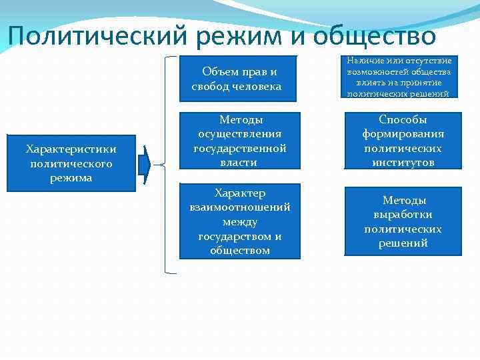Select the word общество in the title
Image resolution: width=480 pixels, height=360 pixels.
click(373, 35)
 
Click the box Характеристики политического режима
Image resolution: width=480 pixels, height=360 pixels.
click(70, 164)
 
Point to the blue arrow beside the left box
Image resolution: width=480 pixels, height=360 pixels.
click(145, 164)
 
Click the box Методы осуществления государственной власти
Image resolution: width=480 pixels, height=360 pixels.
click(240, 141)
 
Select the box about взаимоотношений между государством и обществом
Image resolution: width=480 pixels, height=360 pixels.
click(240, 221)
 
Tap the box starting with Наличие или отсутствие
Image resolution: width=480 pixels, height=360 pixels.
click(399, 77)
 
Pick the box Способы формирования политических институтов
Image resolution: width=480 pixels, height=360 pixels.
click(402, 141)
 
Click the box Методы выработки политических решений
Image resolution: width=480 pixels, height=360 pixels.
click(402, 221)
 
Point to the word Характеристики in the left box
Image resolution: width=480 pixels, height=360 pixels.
click(71, 149)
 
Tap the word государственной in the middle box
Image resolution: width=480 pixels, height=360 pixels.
click(240, 148)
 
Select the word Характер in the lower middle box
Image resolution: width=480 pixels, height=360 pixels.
click(240, 193)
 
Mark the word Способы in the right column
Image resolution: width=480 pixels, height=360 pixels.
click(403, 119)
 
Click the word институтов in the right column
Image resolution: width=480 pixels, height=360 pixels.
click(403, 162)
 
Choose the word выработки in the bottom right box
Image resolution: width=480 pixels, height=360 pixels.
click(403, 215)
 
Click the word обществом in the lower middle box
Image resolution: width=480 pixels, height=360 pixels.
click(240, 251)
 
